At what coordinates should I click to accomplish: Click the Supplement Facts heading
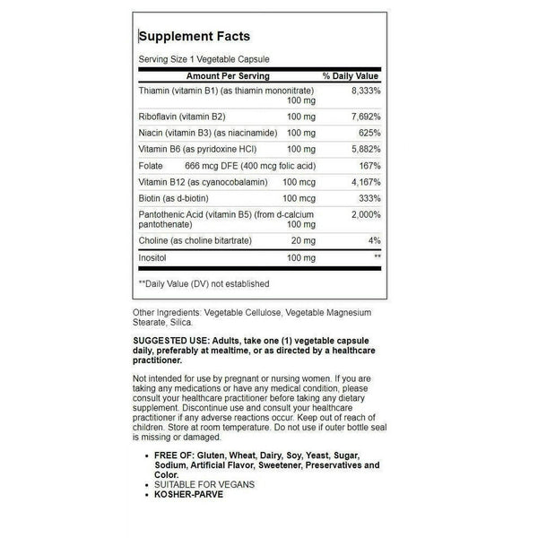194,37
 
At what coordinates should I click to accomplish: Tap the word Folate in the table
151,165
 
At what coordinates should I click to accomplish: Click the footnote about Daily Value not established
204,283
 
